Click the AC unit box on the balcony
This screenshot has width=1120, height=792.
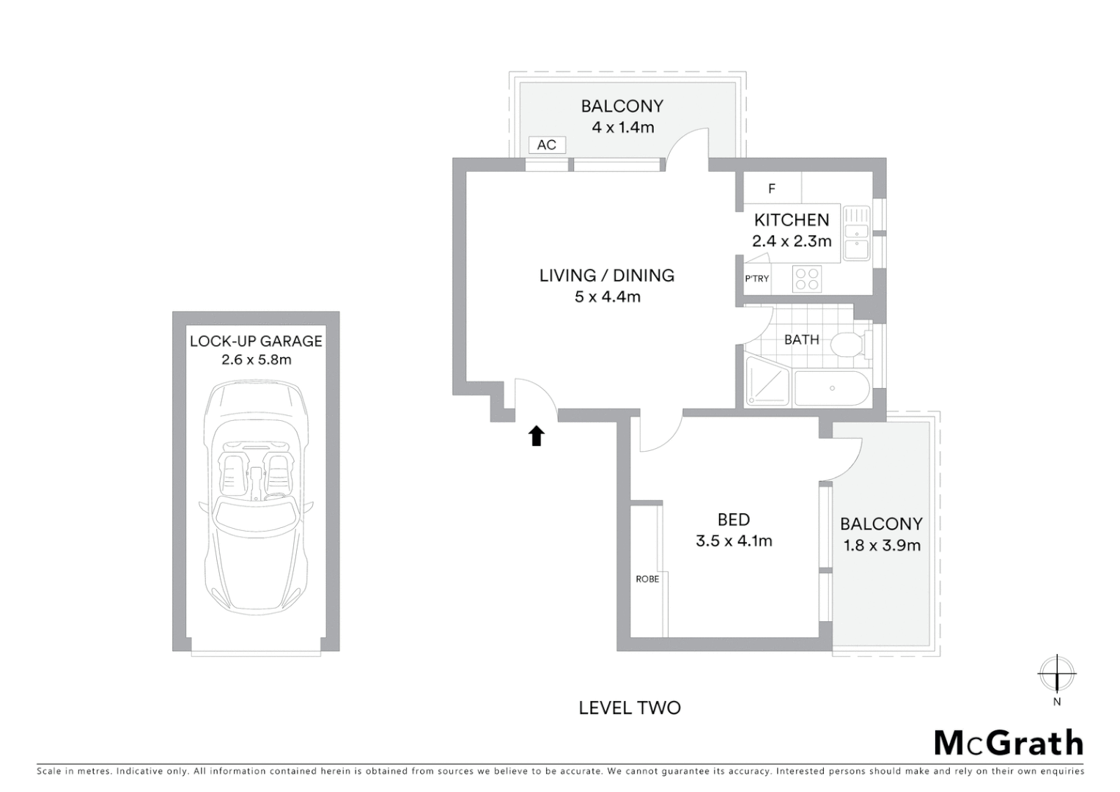coord(547,144)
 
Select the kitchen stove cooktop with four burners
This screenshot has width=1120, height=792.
coord(807,279)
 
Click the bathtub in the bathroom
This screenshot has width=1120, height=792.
coord(832,389)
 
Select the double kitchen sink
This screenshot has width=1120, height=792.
coord(855,232)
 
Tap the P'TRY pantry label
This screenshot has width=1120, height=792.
coord(756,279)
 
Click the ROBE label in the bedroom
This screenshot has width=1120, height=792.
coord(647,579)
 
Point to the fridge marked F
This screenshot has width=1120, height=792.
coord(772,189)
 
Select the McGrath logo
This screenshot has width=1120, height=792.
coord(1009,743)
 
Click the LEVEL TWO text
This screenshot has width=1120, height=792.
coord(630,708)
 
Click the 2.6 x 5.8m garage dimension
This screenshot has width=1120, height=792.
coord(256,360)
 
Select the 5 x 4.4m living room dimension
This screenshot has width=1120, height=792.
coord(608,297)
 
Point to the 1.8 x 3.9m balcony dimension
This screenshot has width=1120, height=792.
coord(882,546)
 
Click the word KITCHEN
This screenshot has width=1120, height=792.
coord(792,220)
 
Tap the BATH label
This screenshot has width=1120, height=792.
coord(801,340)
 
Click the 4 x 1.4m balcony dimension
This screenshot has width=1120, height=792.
coord(622,127)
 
